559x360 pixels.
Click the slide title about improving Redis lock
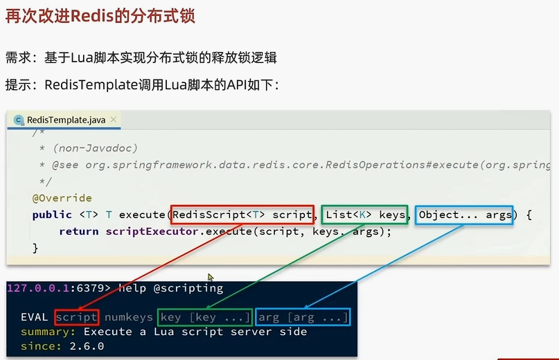100,15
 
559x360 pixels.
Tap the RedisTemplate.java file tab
66,120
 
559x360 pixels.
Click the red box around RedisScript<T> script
242,215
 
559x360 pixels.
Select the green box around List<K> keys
364,215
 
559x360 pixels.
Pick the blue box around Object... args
465,215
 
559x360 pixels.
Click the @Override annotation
62,198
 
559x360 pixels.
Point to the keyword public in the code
52,215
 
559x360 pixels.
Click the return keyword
78,231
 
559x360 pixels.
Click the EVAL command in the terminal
35,317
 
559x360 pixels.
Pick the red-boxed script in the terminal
77,317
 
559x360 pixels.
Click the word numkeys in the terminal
129,317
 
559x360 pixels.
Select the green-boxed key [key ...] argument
205,317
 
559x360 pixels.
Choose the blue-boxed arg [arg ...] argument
303,317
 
